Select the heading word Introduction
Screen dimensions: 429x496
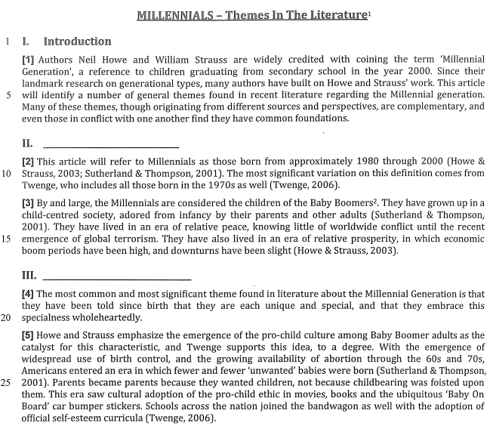77,42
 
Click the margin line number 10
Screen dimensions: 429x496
10,173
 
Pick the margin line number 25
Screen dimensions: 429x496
10,382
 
